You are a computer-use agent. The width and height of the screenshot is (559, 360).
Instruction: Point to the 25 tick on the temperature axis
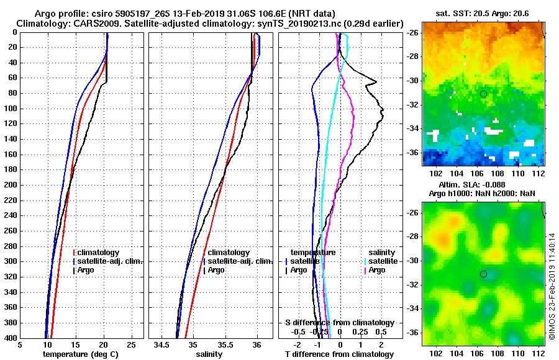pyautogui.click(x=131, y=344)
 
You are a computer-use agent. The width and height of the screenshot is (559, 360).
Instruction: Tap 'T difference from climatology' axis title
pyautogui.click(x=340, y=354)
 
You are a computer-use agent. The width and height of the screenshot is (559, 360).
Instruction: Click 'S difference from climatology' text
pyautogui.click(x=339, y=323)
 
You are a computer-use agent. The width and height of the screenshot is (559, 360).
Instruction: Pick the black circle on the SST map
pyautogui.click(x=483, y=94)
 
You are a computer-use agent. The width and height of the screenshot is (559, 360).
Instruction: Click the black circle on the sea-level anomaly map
pyautogui.click(x=483, y=274)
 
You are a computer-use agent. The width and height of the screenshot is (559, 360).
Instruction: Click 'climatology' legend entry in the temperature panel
pyautogui.click(x=98, y=253)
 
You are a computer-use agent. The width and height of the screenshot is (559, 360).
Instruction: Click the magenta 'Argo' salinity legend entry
pyautogui.click(x=377, y=270)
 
